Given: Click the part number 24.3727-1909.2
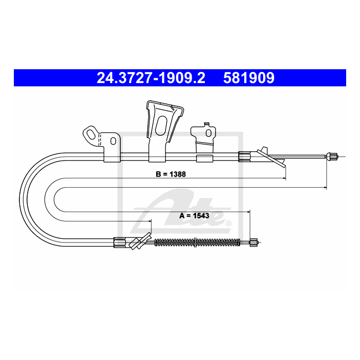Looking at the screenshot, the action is pos(151,78).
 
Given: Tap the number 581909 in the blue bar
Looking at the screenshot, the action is pos(249,78).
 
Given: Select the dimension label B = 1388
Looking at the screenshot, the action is pos(171,174).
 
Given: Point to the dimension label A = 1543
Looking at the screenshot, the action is pos(194,216).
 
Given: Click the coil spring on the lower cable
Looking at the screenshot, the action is pos(197,243).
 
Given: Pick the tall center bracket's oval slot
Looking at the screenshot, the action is pos(161,125).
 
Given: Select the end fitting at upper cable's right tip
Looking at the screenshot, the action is pos(332,156).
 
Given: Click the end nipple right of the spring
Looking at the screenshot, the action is pos(254,243).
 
